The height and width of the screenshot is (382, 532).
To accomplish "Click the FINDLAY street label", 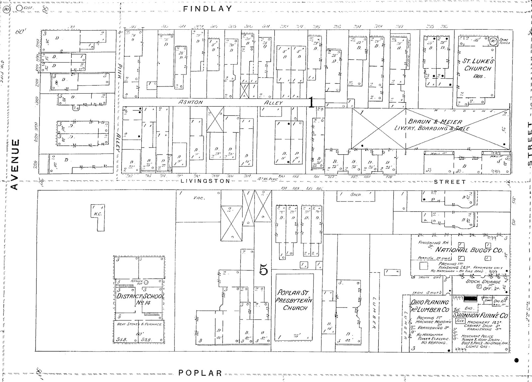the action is tap(207, 9).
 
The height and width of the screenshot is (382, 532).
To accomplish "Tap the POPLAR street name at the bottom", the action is tap(200, 373).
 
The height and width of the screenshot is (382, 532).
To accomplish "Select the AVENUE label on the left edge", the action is tap(14, 164).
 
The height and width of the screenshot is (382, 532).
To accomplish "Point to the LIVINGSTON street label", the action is tap(205, 181).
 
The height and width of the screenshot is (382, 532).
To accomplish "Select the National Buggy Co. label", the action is tap(469, 250).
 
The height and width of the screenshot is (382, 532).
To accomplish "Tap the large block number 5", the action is tap(263, 270).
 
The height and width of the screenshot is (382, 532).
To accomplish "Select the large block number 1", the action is tap(311, 102).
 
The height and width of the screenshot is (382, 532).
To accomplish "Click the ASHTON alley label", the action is tap(191, 102).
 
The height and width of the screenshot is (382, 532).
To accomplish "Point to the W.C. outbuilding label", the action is tap(98, 214).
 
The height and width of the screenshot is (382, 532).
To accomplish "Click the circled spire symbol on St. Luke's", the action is tap(493, 42).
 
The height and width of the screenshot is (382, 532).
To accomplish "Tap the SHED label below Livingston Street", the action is tap(355, 194).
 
